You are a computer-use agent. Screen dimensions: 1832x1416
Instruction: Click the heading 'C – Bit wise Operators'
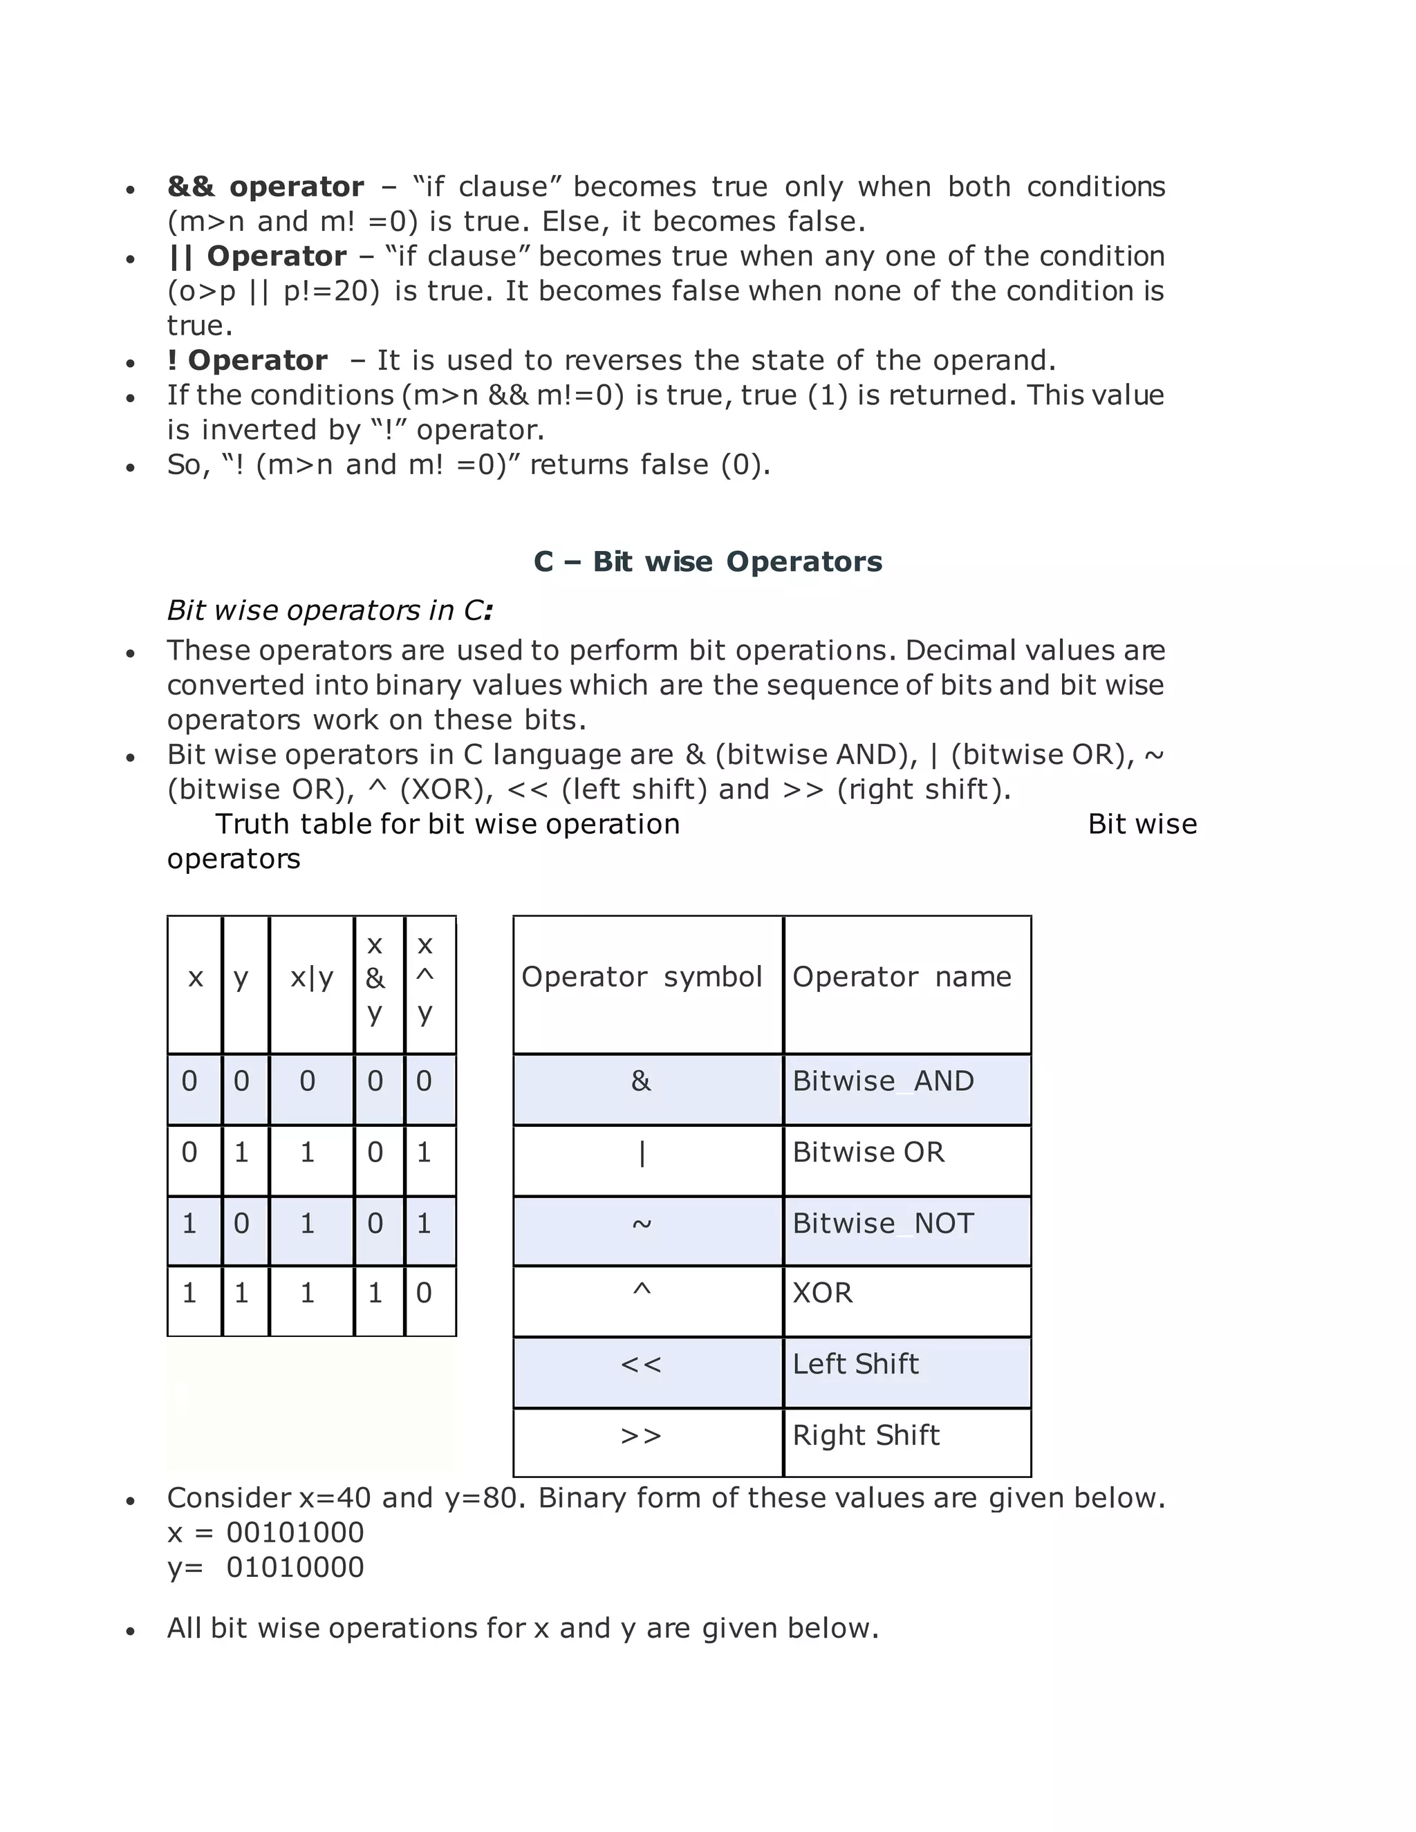pos(707,561)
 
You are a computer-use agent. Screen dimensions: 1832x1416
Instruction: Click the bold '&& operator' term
pos(265,186)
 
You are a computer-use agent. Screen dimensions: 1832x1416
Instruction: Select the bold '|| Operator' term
pos(257,256)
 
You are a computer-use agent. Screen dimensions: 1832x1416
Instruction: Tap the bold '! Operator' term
pos(247,360)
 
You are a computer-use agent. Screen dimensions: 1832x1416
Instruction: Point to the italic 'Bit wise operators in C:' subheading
pos(329,610)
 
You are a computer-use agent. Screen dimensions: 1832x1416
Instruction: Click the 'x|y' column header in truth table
pos(311,978)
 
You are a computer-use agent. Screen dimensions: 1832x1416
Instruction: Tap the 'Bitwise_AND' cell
pos(884,1081)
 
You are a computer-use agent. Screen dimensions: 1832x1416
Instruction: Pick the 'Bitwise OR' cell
pos(868,1152)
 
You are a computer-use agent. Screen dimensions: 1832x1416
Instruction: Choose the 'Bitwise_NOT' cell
pos(884,1224)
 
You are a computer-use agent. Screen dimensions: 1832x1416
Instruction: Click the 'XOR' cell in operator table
pos(822,1293)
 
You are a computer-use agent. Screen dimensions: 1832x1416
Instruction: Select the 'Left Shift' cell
pos(856,1364)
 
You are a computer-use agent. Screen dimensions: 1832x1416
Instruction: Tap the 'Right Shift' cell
pos(866,1435)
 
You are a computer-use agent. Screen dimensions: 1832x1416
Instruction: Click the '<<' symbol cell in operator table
pos(642,1365)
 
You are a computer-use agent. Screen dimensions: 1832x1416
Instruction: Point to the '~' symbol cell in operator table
pos(642,1224)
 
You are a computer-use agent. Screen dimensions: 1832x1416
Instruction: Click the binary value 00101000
pos(295,1533)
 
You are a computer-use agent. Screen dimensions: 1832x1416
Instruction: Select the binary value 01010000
pos(295,1567)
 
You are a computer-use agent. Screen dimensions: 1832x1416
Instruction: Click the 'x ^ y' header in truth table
pos(425,978)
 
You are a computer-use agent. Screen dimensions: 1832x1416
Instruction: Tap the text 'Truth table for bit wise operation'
pos(447,824)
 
